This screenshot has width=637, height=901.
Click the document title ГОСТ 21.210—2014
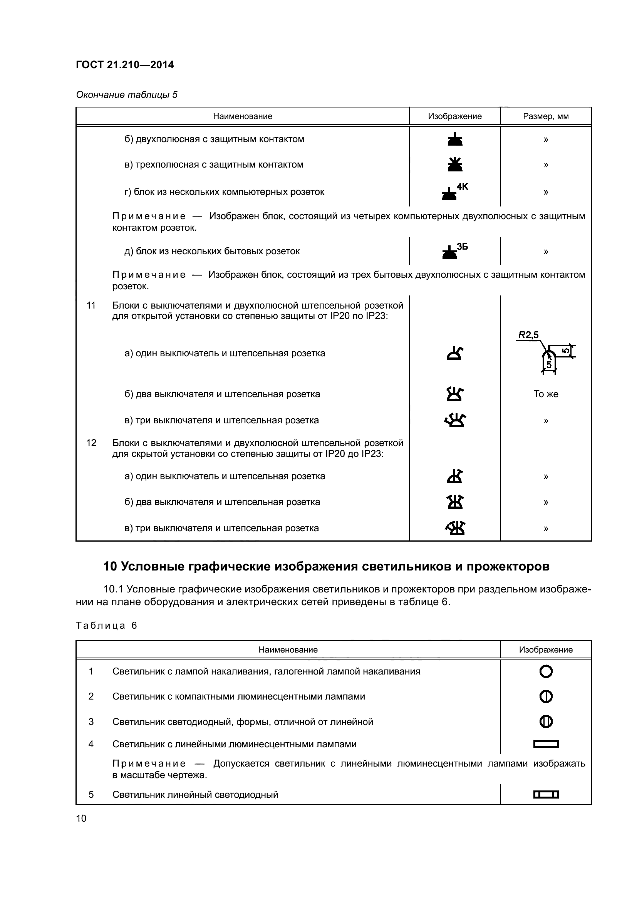pyautogui.click(x=125, y=65)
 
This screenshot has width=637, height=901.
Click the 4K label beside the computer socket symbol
pyautogui.click(x=463, y=186)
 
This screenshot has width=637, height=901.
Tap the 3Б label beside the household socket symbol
pyautogui.click(x=463, y=247)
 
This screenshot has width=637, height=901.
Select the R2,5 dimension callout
pyautogui.click(x=528, y=335)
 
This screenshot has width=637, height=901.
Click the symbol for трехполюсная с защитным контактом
pyautogui.click(x=455, y=164)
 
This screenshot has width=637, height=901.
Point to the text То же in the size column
pyautogui.click(x=546, y=394)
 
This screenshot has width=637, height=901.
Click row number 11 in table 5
pyautogui.click(x=91, y=305)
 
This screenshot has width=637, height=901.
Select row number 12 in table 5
pyautogui.click(x=91, y=443)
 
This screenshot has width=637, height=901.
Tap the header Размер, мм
pyautogui.click(x=546, y=116)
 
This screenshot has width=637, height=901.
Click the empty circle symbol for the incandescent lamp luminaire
pyautogui.click(x=546, y=671)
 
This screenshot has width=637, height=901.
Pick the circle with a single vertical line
pyautogui.click(x=546, y=696)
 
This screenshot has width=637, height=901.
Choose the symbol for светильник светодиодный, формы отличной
pyautogui.click(x=546, y=721)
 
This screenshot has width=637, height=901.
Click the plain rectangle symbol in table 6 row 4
pyautogui.click(x=546, y=744)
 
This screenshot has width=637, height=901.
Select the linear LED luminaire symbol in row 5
pyautogui.click(x=546, y=795)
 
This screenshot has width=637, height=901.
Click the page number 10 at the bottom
pyautogui.click(x=81, y=818)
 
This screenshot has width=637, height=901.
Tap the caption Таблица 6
pyautogui.click(x=106, y=626)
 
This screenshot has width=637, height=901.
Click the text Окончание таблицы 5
pyautogui.click(x=127, y=95)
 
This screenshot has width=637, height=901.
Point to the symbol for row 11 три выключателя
pyautogui.click(x=455, y=420)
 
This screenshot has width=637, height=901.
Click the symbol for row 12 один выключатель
pyautogui.click(x=455, y=476)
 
